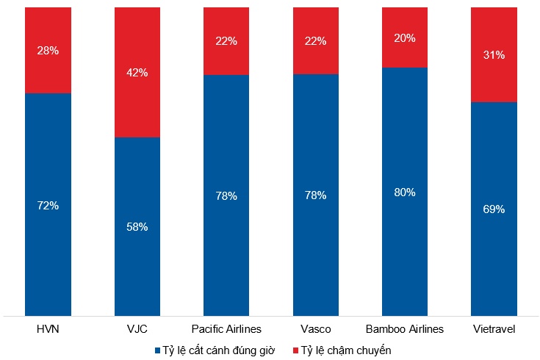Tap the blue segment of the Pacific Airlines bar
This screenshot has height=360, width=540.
[226, 250]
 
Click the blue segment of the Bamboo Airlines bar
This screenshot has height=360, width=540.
[405, 250]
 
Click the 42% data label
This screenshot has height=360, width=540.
[137, 73]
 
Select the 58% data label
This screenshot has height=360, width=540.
[137, 227]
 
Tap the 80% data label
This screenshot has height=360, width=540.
[405, 192]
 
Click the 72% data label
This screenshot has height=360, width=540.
[48, 205]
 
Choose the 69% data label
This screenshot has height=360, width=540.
[494, 209]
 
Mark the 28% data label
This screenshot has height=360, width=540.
[48, 51]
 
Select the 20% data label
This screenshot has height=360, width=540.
[405, 37]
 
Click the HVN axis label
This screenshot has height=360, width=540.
[48, 329]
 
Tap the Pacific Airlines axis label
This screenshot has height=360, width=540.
[226, 329]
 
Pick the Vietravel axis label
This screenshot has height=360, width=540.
[494, 329]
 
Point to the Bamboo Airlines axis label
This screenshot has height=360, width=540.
[405, 329]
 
